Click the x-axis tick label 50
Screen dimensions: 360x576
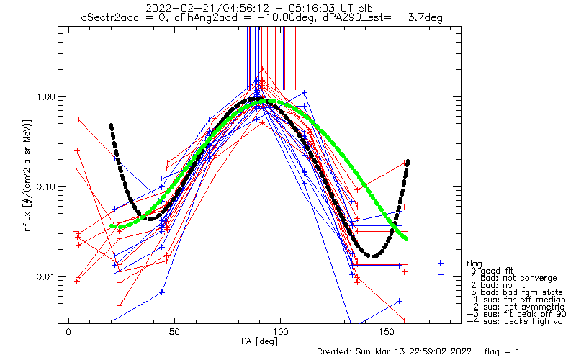click(174, 332)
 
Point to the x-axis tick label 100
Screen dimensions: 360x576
click(280, 332)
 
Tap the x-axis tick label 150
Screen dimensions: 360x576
click(387, 332)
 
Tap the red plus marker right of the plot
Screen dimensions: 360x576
click(441, 263)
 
